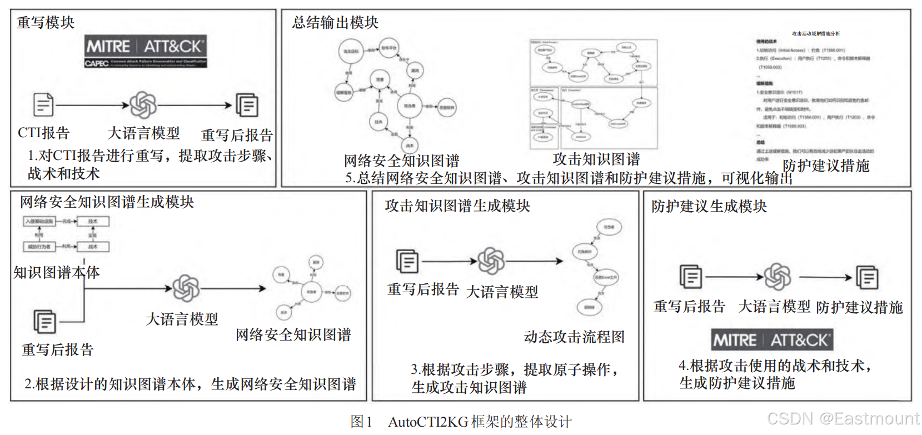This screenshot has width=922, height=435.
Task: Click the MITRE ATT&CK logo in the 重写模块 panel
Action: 146,46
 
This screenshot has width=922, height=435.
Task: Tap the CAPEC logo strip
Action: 146,63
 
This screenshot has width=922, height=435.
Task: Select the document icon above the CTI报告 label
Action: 43,104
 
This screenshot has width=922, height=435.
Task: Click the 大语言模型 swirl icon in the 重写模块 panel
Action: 143,105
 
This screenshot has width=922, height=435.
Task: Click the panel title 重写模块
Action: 46,23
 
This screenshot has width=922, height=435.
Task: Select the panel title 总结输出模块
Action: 335,23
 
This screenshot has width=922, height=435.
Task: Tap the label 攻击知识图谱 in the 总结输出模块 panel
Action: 596,159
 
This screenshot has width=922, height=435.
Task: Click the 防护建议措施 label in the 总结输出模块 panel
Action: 826,166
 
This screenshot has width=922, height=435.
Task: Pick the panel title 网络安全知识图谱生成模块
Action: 107,202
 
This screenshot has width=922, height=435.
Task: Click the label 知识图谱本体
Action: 57,272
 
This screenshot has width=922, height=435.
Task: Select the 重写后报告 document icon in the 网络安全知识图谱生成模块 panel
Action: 45,322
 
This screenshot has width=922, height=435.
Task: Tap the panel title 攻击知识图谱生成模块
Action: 457,206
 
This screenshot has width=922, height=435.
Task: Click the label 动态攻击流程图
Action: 574,337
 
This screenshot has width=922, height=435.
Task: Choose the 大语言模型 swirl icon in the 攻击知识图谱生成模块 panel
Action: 491,261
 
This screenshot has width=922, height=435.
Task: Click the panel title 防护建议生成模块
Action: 709,207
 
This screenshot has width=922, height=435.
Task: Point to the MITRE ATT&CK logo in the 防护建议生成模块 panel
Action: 772,340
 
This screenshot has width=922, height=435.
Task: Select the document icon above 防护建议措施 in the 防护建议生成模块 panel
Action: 867,277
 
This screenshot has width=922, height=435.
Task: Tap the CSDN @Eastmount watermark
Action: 843,418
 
